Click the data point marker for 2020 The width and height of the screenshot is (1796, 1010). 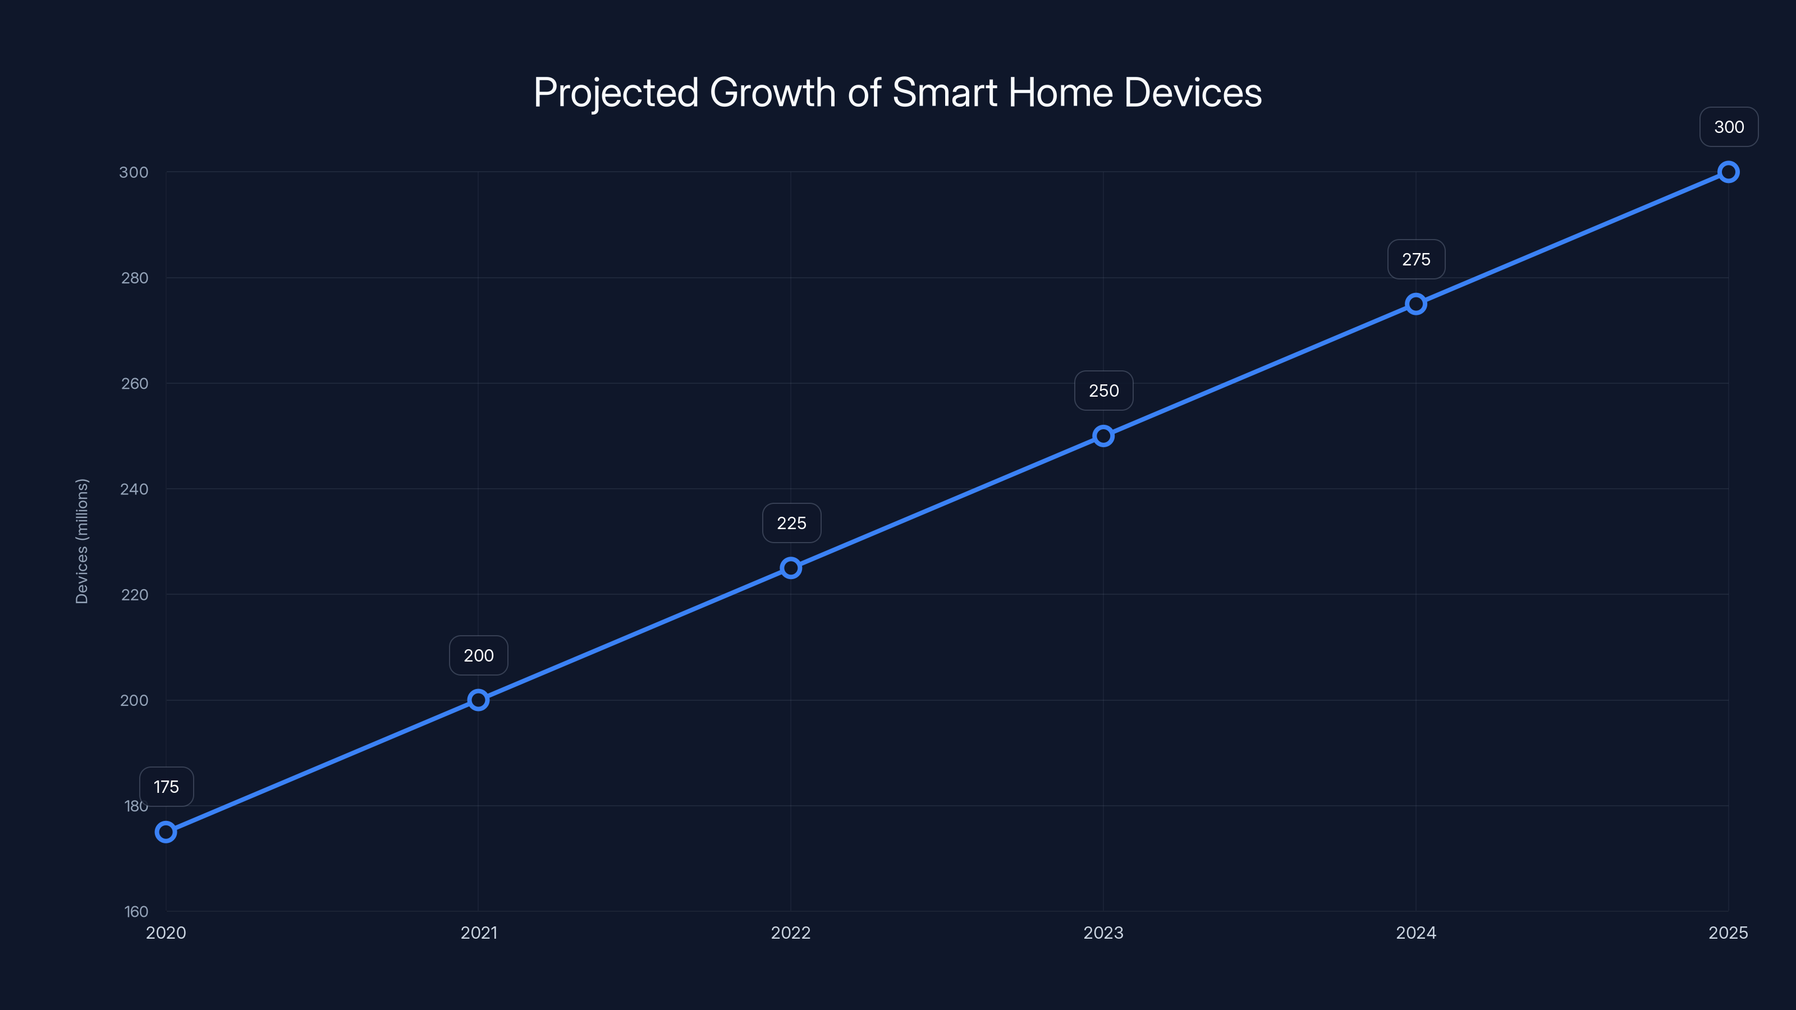166,832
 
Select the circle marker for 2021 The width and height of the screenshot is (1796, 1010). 478,700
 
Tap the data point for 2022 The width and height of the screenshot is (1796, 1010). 791,568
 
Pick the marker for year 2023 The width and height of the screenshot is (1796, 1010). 1103,437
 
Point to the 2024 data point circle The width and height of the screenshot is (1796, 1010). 1416,304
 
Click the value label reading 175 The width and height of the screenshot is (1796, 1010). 166,787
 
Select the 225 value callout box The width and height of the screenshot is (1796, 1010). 791,523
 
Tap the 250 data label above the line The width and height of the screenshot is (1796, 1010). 1103,391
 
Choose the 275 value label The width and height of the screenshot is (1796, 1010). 1416,259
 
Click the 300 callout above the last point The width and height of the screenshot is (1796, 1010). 1729,127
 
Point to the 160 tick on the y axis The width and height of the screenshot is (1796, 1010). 136,911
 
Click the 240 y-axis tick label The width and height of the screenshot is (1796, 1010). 134,489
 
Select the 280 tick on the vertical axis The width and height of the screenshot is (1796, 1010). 135,278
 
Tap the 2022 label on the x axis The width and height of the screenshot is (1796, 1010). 791,933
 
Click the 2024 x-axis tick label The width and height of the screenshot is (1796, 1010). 1416,933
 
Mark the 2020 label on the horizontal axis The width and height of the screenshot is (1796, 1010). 166,933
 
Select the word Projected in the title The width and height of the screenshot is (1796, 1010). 616,93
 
